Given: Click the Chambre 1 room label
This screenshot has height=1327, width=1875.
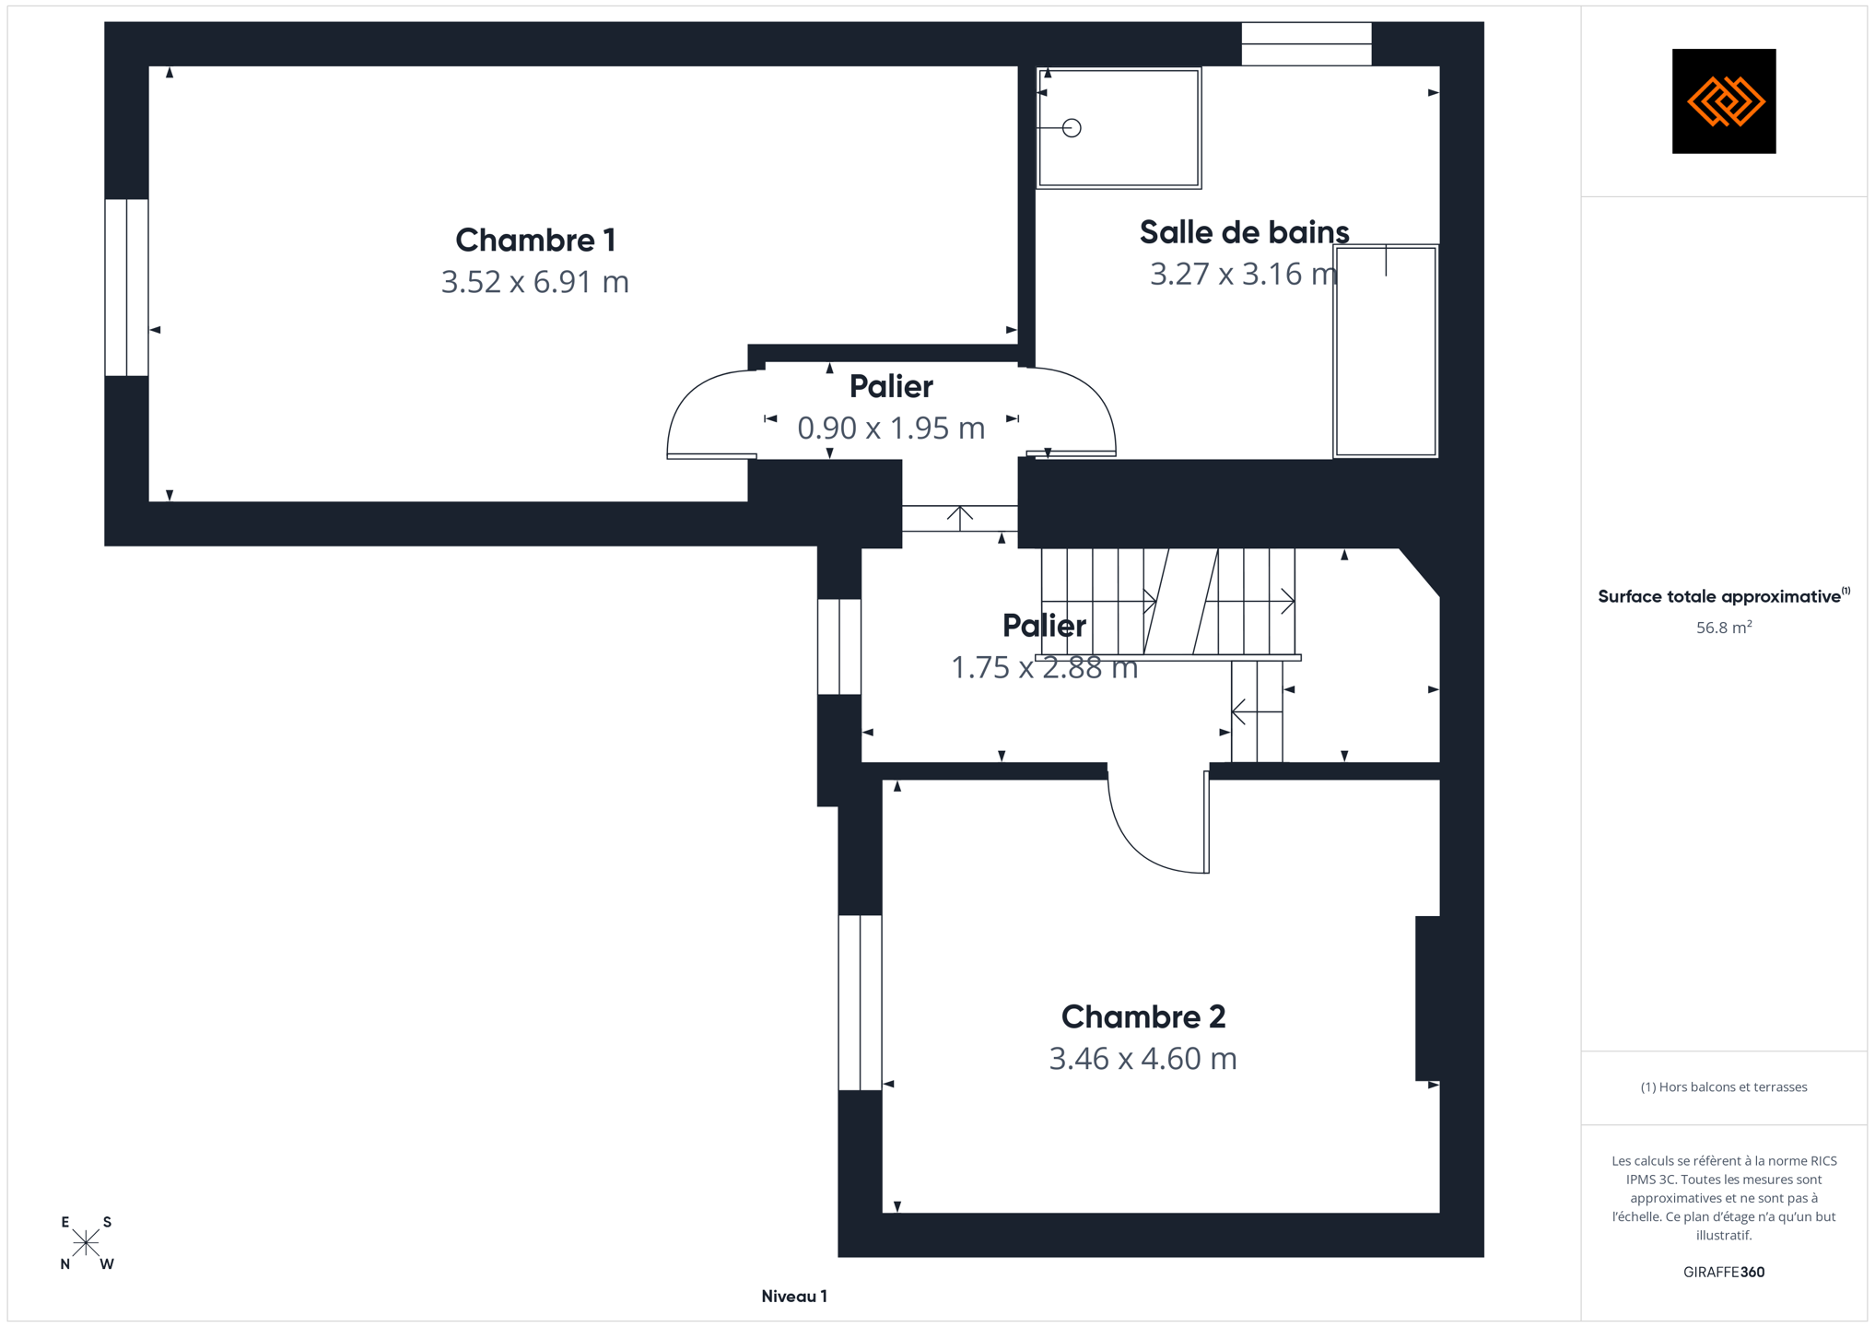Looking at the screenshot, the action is [x=535, y=240].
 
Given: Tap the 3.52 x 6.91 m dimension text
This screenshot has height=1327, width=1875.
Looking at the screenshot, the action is [x=535, y=281].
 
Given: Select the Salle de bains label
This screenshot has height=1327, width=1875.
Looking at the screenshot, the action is [x=1244, y=232].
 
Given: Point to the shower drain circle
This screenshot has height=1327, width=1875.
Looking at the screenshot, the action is [x=1072, y=128].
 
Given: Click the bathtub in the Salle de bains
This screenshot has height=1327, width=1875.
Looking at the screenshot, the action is [x=1386, y=351].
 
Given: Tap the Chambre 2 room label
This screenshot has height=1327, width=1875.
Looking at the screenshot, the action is [x=1143, y=1016].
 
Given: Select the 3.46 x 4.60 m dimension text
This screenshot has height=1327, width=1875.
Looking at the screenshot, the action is [x=1143, y=1058].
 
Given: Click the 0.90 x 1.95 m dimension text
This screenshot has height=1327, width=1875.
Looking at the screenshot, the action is [x=891, y=428].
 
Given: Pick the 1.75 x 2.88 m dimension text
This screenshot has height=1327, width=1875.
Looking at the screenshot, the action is [x=1045, y=667].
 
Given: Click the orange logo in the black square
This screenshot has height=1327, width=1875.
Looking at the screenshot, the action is [x=1725, y=101].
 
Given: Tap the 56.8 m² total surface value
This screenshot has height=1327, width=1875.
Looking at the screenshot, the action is [x=1724, y=628].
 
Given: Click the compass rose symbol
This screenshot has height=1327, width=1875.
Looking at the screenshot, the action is [x=86, y=1243].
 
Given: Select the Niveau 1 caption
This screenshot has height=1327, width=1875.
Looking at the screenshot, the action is [x=794, y=1297].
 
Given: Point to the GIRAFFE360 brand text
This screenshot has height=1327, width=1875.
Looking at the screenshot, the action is [x=1724, y=1272].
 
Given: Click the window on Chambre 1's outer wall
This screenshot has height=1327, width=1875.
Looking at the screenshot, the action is [x=126, y=288].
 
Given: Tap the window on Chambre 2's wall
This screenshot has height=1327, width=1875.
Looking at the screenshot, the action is [x=860, y=1003].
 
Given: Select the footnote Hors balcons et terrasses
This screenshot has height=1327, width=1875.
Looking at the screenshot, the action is [x=1724, y=1087].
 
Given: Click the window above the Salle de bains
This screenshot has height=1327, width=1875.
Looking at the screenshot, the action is [x=1307, y=43].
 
